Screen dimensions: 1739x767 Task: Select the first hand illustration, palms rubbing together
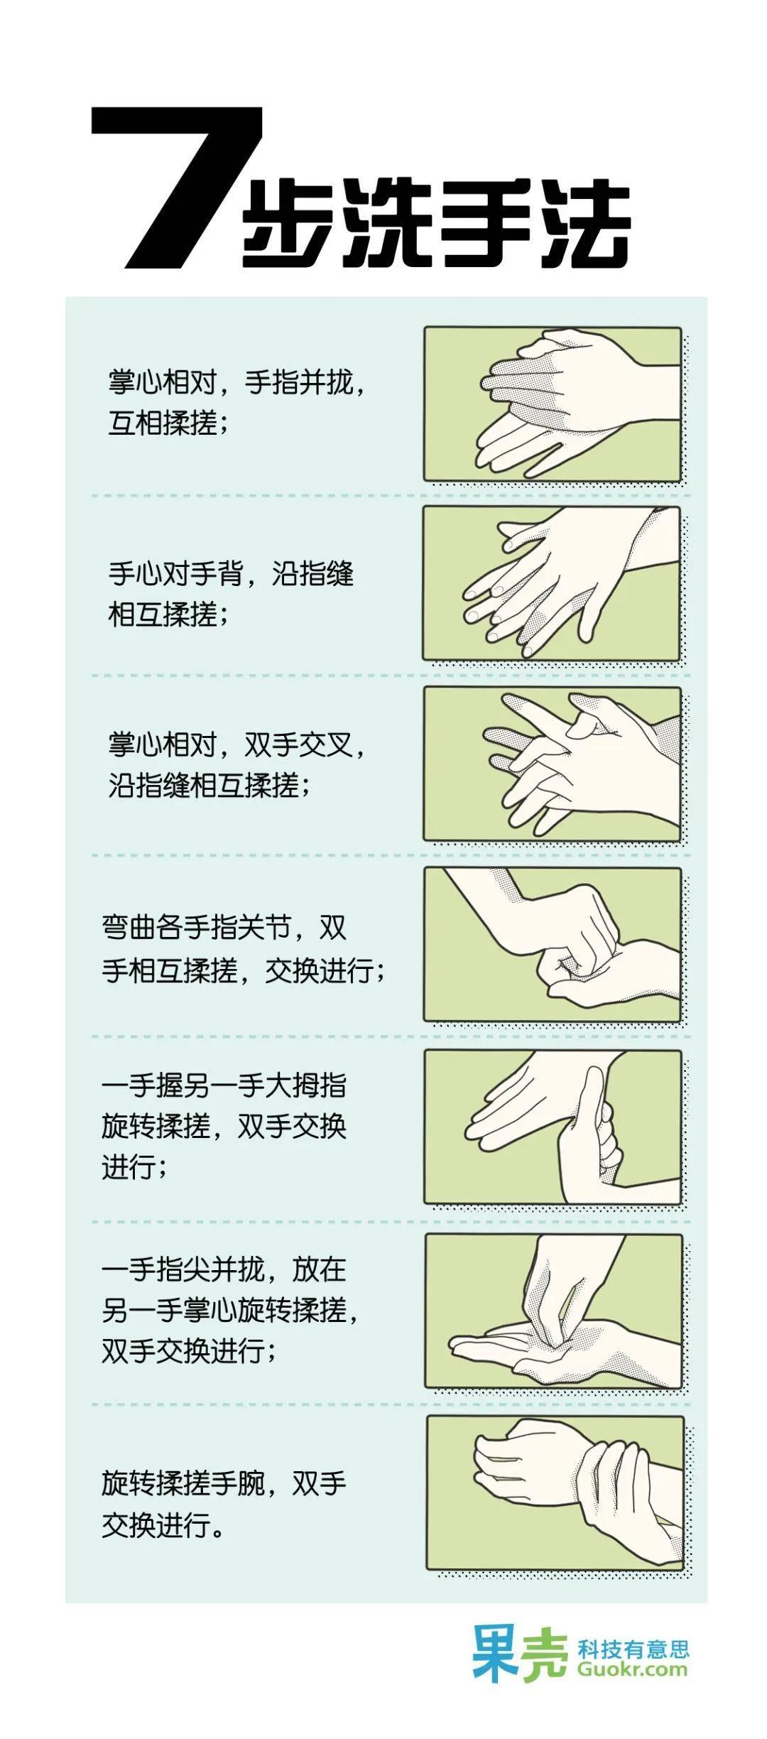click(x=553, y=403)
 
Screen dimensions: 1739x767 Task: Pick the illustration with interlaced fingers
click(x=553, y=764)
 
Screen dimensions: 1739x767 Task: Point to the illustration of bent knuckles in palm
click(x=553, y=945)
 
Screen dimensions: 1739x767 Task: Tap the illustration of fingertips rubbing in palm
click(x=553, y=1311)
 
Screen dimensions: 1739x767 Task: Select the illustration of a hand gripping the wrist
click(x=555, y=1492)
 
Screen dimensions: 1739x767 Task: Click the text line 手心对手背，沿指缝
click(x=230, y=574)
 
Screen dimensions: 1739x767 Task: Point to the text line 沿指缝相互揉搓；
click(x=209, y=786)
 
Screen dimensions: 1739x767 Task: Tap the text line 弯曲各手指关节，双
click(x=224, y=928)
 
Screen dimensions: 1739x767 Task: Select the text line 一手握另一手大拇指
click(x=224, y=1085)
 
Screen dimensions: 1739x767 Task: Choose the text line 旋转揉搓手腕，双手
click(x=224, y=1483)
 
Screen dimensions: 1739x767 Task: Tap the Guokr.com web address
click(x=632, y=1669)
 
